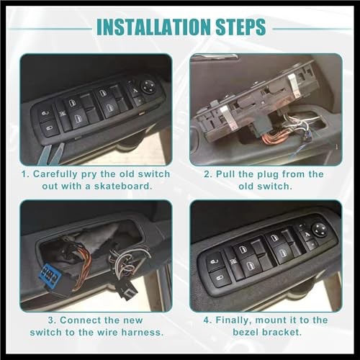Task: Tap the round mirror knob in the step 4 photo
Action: pos(318,230)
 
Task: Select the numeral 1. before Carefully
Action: pos(26,174)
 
